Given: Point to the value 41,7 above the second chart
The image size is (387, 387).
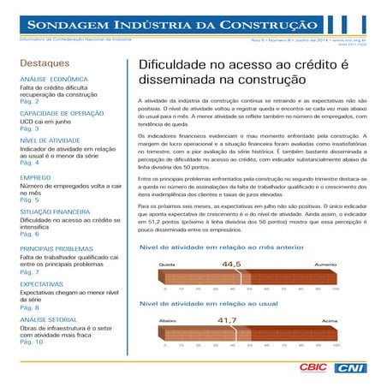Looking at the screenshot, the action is pos(226,320).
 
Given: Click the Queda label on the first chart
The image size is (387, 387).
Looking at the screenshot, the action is pos(166,266).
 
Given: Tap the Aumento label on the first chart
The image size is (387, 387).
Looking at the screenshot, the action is pos(325,266).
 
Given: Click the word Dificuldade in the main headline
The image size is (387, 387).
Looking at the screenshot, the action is pos(174,65).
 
